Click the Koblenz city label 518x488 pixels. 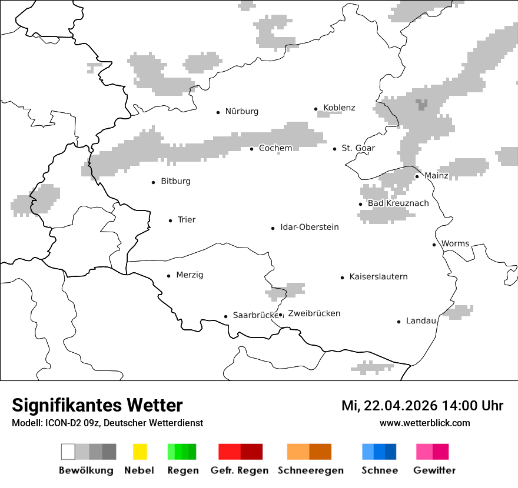pyautogui.click(x=339, y=108)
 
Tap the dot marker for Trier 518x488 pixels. pyautogui.click(x=170, y=220)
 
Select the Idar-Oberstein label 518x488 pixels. pyautogui.click(x=309, y=227)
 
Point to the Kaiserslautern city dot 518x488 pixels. pyautogui.click(x=342, y=278)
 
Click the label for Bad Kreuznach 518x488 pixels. pyautogui.click(x=398, y=203)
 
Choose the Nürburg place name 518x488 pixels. pyautogui.click(x=241, y=111)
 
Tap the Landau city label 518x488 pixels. pyautogui.click(x=421, y=320)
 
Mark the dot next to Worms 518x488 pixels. pyautogui.click(x=434, y=245)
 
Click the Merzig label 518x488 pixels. pyautogui.click(x=190, y=275)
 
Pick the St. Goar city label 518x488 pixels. pyautogui.click(x=358, y=148)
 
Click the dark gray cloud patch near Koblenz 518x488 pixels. pyautogui.click(x=421, y=105)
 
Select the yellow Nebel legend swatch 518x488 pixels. pyautogui.click(x=140, y=452)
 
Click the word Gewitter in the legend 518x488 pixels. pyautogui.click(x=434, y=470)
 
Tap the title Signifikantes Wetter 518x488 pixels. pyautogui.click(x=97, y=405)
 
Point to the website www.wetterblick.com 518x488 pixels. pyautogui.click(x=424, y=423)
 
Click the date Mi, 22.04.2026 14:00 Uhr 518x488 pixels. pyautogui.click(x=422, y=406)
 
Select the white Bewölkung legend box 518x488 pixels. pyautogui.click(x=68, y=452)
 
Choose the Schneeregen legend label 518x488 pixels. pyautogui.click(x=310, y=470)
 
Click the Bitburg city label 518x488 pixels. pyautogui.click(x=175, y=181)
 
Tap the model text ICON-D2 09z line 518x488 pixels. pyautogui.click(x=107, y=423)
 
